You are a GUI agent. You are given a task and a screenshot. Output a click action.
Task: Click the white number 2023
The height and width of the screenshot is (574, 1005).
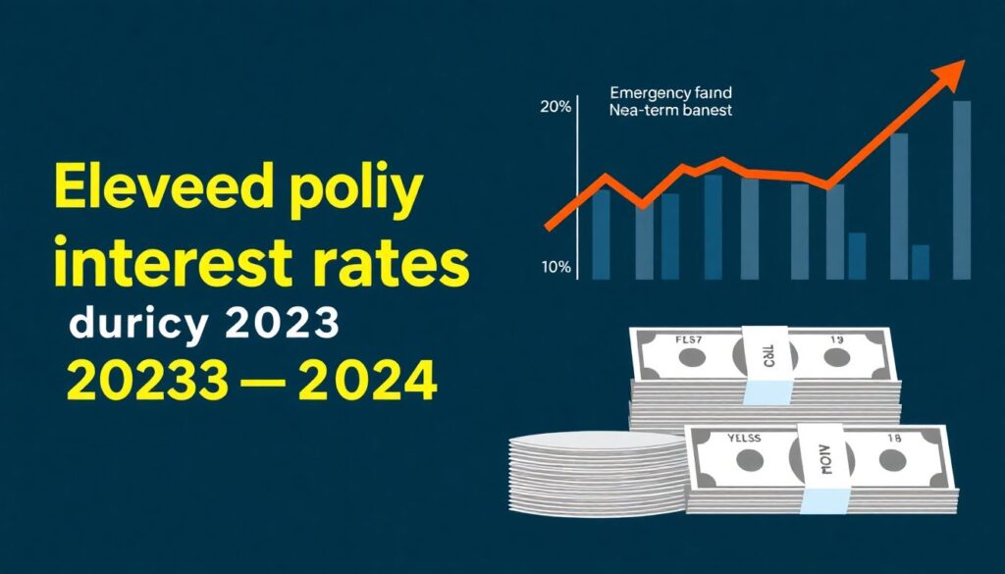284,323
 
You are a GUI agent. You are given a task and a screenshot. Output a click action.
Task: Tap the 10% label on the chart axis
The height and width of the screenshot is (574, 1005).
555,267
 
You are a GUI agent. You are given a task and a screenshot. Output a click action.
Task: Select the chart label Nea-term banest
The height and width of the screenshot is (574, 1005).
669,112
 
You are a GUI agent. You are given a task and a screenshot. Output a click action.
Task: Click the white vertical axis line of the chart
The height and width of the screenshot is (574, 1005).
580,186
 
